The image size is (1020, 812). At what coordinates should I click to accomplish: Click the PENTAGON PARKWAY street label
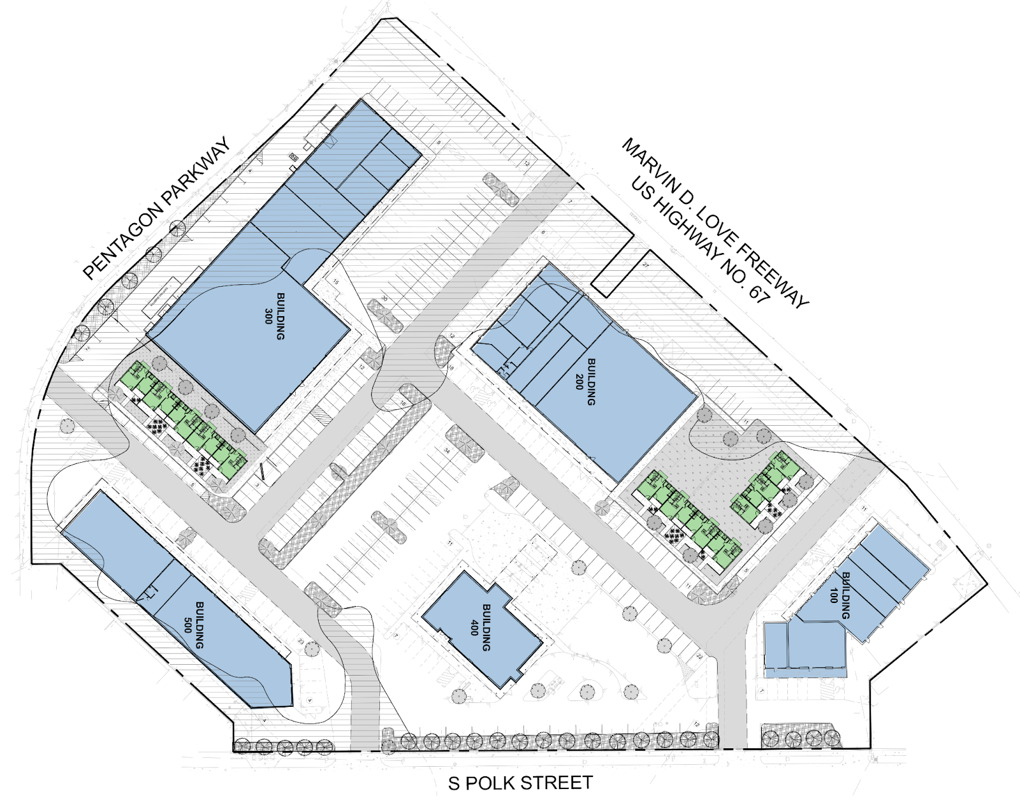coord(156,209)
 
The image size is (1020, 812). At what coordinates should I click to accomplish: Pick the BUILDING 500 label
coord(194,625)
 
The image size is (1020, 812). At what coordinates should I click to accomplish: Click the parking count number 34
coord(447,451)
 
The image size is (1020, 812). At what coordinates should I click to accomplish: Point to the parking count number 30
coord(384,298)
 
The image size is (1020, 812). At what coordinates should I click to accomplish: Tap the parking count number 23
coord(300,642)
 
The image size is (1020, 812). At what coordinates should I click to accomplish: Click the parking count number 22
coord(699,656)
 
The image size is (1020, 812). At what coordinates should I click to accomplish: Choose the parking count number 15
coord(336,282)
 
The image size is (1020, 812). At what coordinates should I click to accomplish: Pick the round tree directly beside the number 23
coord(312,649)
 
